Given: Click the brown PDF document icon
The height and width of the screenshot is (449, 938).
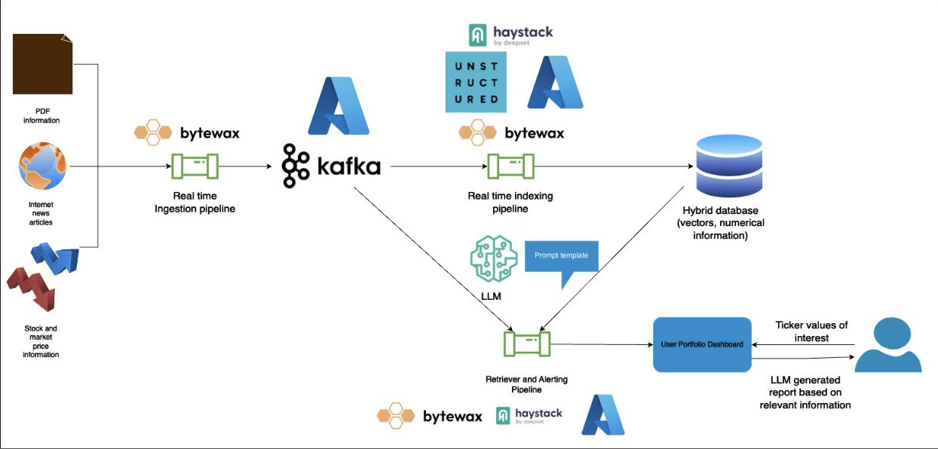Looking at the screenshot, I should click(x=43, y=63).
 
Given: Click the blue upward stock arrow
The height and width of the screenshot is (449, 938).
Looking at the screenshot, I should click(x=54, y=258).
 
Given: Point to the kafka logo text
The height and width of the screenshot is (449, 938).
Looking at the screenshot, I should click(x=332, y=166).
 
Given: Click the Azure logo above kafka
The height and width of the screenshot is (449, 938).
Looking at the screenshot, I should click(x=339, y=105).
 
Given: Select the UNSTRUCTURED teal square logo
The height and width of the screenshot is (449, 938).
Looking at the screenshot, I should click(x=476, y=82).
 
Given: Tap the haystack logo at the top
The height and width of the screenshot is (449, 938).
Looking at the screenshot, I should click(x=510, y=35).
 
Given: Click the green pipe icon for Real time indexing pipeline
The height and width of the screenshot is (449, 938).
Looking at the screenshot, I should click(x=510, y=166).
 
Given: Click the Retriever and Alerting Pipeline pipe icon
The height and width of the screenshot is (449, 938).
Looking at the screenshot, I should click(x=527, y=345).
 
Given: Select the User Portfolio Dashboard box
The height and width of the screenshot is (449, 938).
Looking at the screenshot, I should click(x=702, y=344).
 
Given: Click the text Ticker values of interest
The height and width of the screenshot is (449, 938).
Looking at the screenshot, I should click(x=811, y=331).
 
